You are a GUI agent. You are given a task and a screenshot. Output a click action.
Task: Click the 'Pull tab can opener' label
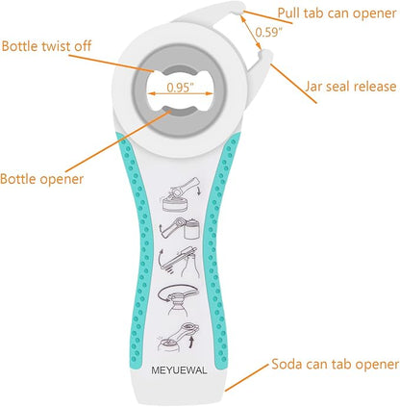337,13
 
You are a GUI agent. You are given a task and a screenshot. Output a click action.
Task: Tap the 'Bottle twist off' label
46,46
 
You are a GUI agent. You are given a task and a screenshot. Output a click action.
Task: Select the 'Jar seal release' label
351,87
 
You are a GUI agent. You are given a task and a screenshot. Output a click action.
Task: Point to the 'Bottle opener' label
41,179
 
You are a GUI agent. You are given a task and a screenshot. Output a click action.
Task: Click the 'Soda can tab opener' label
336,365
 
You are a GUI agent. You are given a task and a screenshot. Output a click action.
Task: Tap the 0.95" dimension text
180,88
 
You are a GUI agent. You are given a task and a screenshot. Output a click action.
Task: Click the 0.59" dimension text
269,32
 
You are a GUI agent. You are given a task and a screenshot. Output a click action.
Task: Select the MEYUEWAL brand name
179,370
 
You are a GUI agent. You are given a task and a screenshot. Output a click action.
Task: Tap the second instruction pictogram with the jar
180,228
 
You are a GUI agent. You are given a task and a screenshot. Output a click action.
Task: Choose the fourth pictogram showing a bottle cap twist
179,299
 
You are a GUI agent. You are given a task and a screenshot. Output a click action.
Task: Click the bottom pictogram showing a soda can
178,337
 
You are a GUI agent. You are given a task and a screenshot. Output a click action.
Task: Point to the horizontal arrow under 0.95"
180,93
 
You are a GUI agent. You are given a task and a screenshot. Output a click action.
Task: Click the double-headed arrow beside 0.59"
251,33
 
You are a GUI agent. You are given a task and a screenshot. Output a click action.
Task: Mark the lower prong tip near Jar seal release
265,55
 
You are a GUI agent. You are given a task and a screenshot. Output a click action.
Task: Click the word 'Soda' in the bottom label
287,365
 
